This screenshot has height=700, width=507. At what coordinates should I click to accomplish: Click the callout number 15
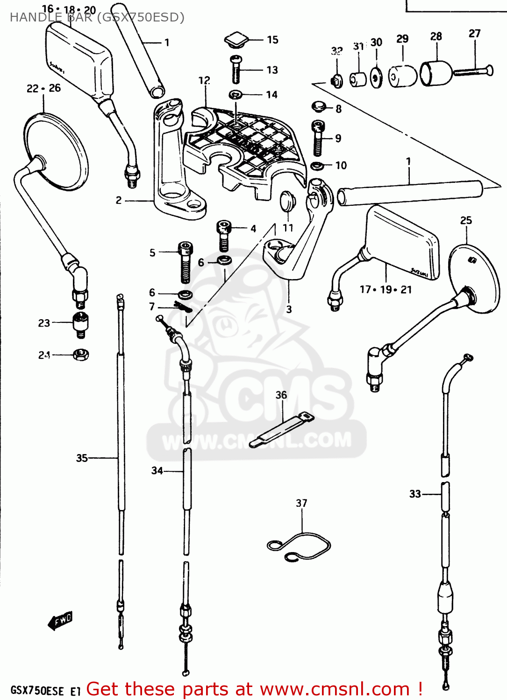[x=272, y=40]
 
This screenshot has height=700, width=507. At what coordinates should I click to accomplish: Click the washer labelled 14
[x=236, y=95]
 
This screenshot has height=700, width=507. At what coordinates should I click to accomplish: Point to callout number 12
[x=204, y=80]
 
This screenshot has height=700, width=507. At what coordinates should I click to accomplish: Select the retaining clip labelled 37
[x=299, y=545]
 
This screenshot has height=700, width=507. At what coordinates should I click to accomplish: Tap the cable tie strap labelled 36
[x=281, y=429]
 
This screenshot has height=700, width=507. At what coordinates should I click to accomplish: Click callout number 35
[x=82, y=458]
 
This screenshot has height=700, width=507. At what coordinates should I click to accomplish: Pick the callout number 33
[x=415, y=494]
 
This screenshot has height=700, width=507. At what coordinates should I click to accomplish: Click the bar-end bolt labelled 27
[x=473, y=71]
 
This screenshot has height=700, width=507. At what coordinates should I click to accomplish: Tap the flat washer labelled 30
[x=376, y=78]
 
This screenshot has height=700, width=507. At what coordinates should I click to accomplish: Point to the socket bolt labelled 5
[x=186, y=262]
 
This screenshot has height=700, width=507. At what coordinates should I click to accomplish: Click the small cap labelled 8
[x=319, y=107]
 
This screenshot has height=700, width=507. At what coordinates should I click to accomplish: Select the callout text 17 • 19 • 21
[x=386, y=290]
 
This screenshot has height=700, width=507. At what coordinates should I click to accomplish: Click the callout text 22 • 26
[x=43, y=88]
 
